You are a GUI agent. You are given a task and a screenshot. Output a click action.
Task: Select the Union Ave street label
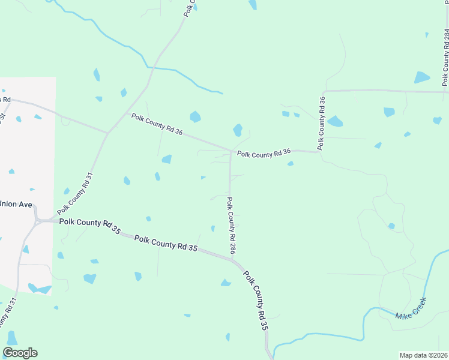point(16,204)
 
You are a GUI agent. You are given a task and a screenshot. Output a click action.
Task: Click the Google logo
point(20,353)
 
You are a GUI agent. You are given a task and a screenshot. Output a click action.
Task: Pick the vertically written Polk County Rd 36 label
point(322,122)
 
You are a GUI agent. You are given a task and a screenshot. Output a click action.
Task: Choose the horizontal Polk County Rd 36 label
point(264,154)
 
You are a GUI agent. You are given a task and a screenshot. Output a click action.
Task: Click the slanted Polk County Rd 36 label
point(157,124)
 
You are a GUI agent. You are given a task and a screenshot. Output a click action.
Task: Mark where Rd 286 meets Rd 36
point(231,151)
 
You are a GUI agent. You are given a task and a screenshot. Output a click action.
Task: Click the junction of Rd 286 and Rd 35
point(232,258)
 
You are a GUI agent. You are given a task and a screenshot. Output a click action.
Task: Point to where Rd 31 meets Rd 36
point(107,133)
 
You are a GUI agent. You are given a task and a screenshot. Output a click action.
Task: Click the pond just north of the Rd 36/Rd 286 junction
point(238,130)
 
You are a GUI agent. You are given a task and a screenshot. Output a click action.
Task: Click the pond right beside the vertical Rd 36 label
point(335,121)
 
